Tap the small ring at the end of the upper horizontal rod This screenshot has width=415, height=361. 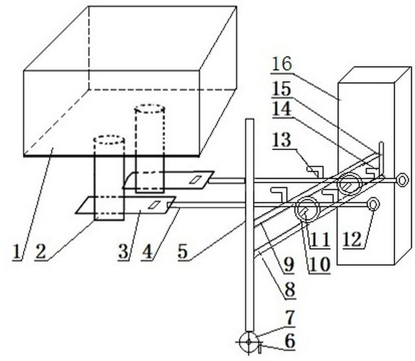[x=401, y=180]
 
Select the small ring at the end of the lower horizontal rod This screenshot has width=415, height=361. [x=372, y=204]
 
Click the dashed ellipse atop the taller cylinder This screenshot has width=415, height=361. [x=150, y=109]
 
